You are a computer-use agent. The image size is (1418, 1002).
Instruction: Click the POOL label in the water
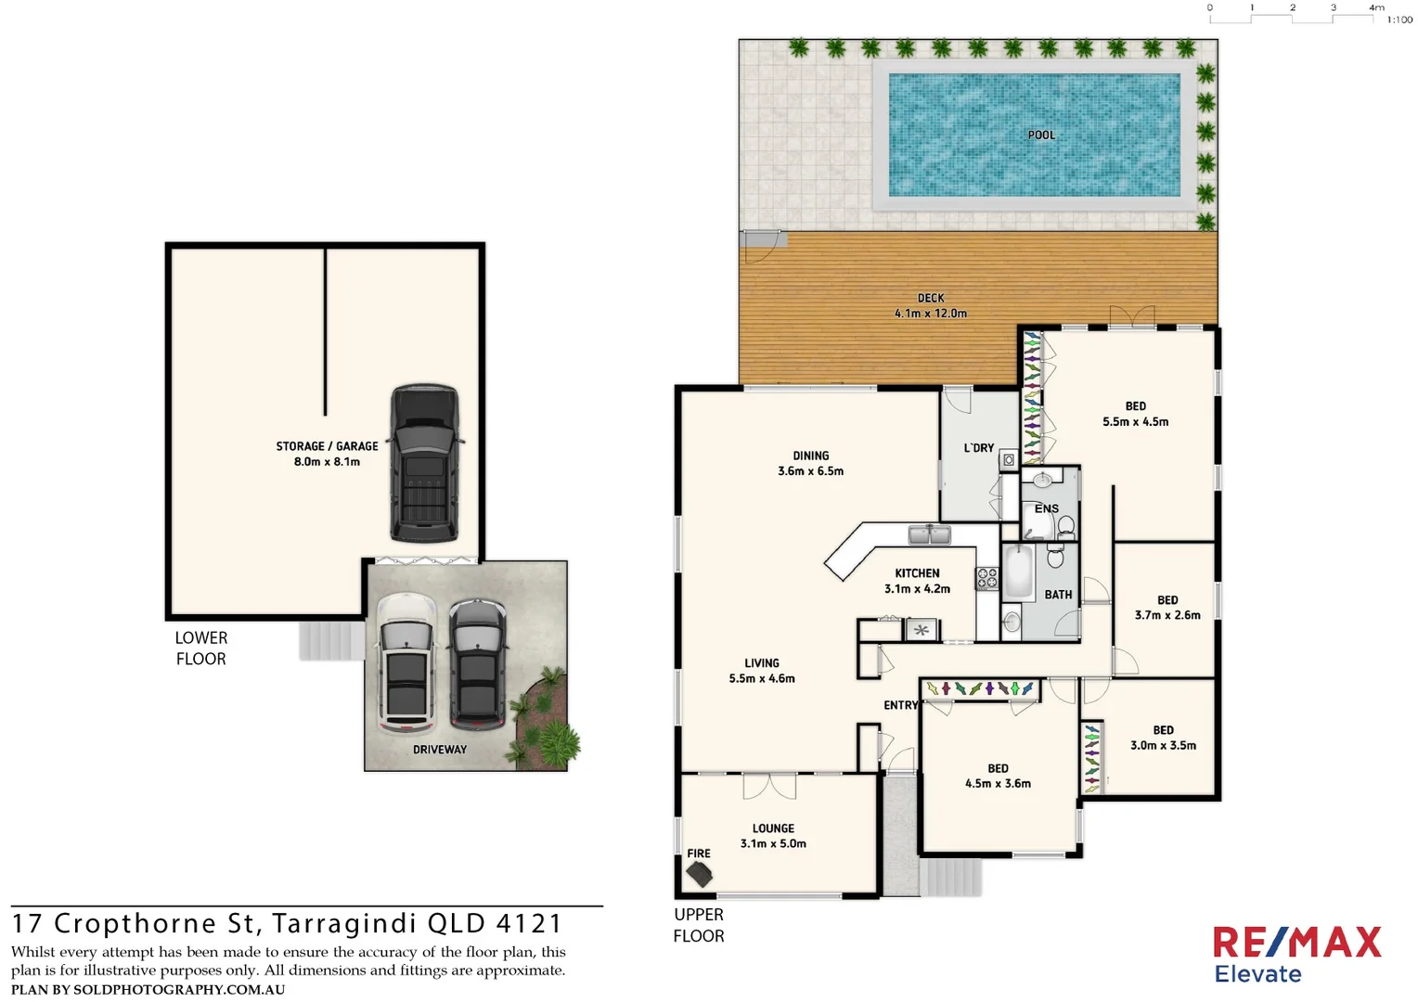point(1041,135)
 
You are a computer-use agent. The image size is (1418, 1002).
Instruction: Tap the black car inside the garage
point(424,463)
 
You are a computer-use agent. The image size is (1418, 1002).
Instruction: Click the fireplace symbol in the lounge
point(699,873)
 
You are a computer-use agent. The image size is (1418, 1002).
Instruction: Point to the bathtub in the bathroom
point(1018,572)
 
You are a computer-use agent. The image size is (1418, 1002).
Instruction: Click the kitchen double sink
point(929,535)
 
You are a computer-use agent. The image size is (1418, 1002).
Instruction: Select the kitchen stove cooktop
point(986,578)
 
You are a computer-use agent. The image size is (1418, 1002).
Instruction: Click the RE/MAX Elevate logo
point(1296,954)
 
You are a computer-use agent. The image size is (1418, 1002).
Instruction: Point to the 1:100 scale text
point(1399,19)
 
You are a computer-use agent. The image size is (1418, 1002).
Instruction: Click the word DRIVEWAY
point(440,750)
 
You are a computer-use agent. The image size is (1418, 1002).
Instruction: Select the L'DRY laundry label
point(978,448)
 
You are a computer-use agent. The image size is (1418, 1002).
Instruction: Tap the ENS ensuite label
point(1046,508)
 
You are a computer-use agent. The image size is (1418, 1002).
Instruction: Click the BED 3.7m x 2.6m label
point(1167,608)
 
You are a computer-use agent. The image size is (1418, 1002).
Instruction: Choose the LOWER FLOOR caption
point(201,649)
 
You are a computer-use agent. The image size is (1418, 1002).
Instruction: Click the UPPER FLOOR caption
point(699,925)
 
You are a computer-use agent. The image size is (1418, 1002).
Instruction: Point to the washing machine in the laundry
point(1009,459)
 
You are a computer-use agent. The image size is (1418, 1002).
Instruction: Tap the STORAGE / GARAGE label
point(327,454)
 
